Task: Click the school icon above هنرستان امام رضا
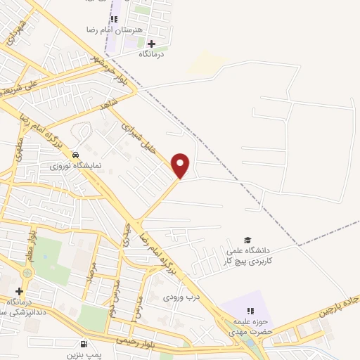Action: [x=114, y=19]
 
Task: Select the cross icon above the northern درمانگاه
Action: [x=151, y=44]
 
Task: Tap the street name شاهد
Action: [x=110, y=105]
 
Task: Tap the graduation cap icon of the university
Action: [x=247, y=240]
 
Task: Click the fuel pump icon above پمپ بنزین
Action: [x=84, y=345]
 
